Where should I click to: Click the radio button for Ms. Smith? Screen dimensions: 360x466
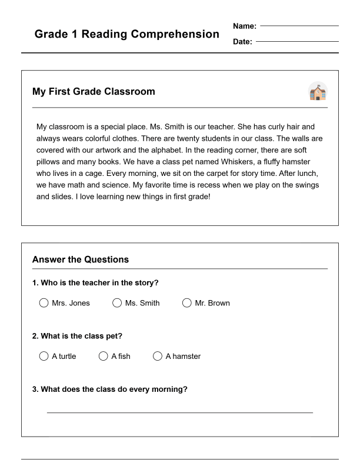tap(116, 303)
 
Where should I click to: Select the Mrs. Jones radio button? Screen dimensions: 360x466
tap(44, 303)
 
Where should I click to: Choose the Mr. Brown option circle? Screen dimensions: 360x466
tap(187, 303)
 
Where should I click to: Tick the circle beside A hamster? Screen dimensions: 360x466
tap(158, 356)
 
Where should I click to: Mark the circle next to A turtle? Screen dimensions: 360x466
tap(44, 356)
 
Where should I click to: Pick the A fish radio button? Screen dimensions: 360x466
tap(104, 356)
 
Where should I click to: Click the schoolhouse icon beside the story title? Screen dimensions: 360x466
tap(318, 92)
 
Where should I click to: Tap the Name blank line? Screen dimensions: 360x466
tap(299, 26)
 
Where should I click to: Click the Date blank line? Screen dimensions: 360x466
tap(297, 42)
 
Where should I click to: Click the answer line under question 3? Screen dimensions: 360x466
tap(179, 412)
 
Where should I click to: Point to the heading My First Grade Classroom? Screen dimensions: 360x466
tap(94, 92)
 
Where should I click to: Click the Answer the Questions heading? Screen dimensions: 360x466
tap(81, 259)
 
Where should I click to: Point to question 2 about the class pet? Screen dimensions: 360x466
tap(77, 336)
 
